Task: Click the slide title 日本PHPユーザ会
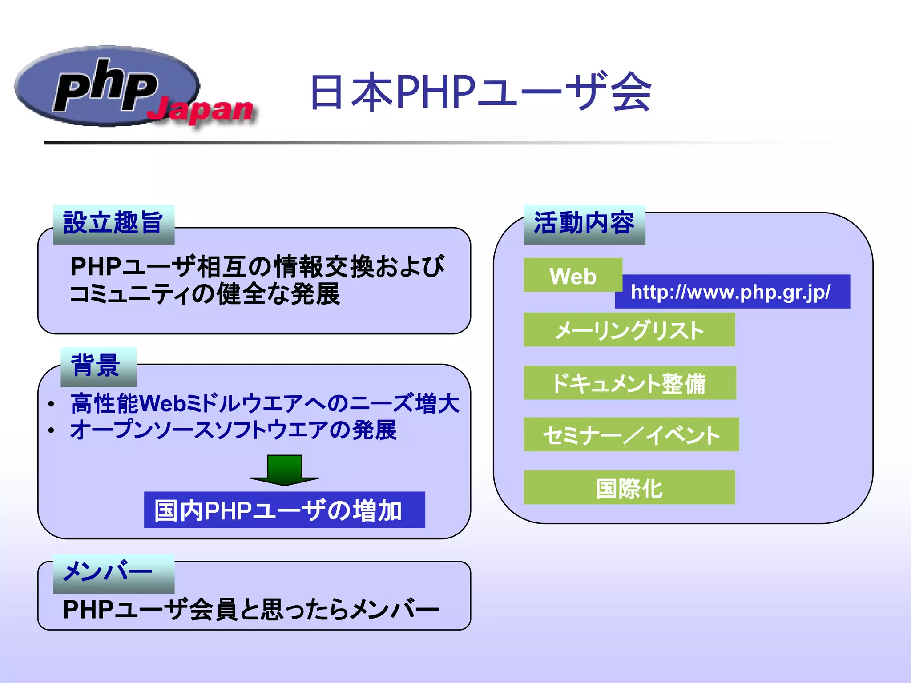coord(480,92)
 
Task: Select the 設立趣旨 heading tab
coord(113,224)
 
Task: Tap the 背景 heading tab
coord(98,366)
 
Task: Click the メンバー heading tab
coord(113,573)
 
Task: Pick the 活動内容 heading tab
coord(584,224)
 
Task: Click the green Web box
coord(572,275)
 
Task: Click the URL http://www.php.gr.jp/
coord(731,292)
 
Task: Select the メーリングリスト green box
coord(629,330)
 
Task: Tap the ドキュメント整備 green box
coord(629,383)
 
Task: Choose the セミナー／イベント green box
coord(631,434)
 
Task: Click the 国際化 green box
coord(629,488)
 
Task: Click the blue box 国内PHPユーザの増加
coord(284,510)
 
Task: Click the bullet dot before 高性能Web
coord(52,404)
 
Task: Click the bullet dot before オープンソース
coord(52,430)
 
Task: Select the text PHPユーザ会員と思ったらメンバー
coord(250,609)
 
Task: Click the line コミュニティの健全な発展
coord(205,294)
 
